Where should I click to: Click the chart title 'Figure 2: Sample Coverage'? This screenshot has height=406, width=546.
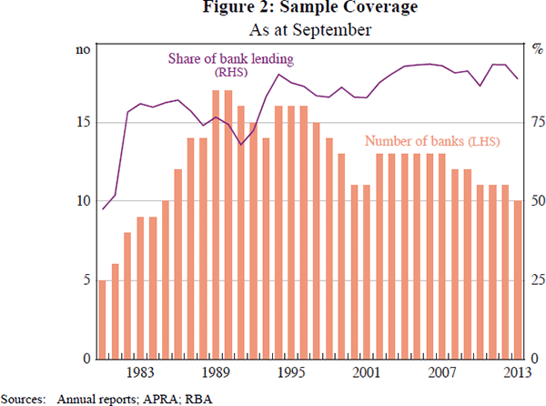point(273,10)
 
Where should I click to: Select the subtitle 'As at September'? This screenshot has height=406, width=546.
point(273,29)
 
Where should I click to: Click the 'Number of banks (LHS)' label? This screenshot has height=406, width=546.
point(432,141)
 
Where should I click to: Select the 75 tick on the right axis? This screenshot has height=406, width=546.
point(537,122)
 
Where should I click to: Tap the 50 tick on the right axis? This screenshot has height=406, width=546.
point(537,200)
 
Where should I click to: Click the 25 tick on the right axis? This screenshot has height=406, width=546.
point(537,279)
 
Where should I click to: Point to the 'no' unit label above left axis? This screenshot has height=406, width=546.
point(81,50)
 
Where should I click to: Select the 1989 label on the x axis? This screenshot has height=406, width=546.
point(215,371)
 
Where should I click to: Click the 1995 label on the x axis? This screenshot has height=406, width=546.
point(291,371)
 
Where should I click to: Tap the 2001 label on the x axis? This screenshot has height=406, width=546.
point(367,371)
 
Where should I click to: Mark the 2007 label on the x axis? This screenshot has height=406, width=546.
point(442,371)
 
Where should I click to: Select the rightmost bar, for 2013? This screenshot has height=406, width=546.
point(517,279)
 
